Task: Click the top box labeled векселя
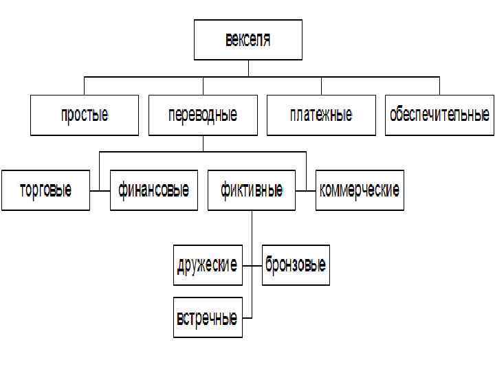pos(247,40)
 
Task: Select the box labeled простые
pos(85,115)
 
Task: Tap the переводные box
pos(203,115)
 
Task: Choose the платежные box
pos(321,115)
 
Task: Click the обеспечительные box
pos(439,115)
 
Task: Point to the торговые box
pos(45,190)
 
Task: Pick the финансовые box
pos(153,190)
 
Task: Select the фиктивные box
pos(251,190)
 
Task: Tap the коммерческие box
pos(360,190)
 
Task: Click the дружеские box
pos(208,265)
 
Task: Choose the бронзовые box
pos(296,265)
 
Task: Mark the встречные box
pos(208,317)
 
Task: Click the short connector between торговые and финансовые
pos(100,190)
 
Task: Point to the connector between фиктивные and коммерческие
pos(305,190)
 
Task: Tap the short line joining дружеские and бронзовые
pos(252,265)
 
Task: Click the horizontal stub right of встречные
pos(247,317)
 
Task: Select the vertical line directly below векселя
pos(247,68)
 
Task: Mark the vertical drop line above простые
pos(85,85)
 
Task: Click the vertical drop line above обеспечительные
pos(439,85)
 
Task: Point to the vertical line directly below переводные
pos(203,143)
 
